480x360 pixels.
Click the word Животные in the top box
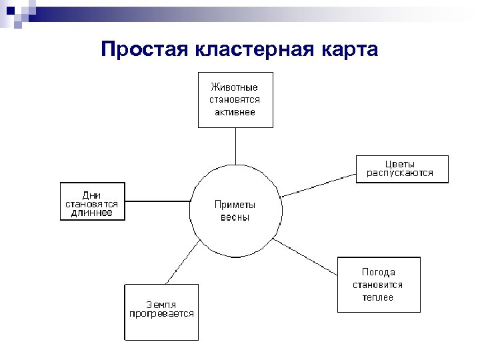(x=234, y=87)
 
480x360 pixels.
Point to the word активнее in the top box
(x=234, y=112)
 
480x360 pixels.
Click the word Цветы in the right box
(x=401, y=163)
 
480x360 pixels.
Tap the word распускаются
(x=401, y=173)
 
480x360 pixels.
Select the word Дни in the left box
(x=92, y=195)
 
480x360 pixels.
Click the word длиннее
(x=92, y=213)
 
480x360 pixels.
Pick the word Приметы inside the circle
(x=235, y=205)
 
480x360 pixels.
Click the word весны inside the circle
(x=235, y=217)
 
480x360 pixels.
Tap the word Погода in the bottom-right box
(x=378, y=272)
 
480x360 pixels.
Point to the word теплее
(x=378, y=297)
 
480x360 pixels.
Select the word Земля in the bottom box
(x=161, y=303)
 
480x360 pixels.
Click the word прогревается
(x=161, y=313)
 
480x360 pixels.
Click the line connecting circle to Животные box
(x=235, y=145)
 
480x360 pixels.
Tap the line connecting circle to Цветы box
(x=319, y=185)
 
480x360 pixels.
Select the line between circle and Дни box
(x=157, y=201)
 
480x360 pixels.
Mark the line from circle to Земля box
(x=181, y=263)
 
